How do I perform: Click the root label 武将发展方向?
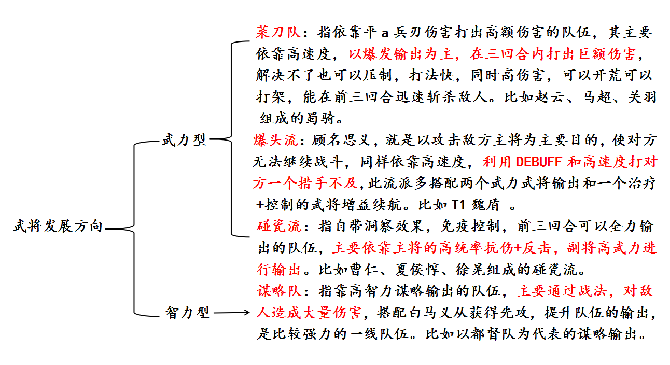pos(58,226)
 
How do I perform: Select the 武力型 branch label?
pos(184,140)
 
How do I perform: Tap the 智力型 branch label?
pos(188,313)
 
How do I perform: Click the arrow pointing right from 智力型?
pos(231,313)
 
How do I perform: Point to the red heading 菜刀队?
pos(278,32)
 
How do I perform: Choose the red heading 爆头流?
pos(275,140)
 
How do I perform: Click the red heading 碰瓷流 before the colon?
pos(279,226)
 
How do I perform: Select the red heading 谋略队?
pos(280,291)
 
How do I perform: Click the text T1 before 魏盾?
pos(458,205)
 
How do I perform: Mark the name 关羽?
pos(643,97)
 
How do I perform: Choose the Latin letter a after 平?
pos(385,33)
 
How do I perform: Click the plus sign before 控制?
pos(260,205)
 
